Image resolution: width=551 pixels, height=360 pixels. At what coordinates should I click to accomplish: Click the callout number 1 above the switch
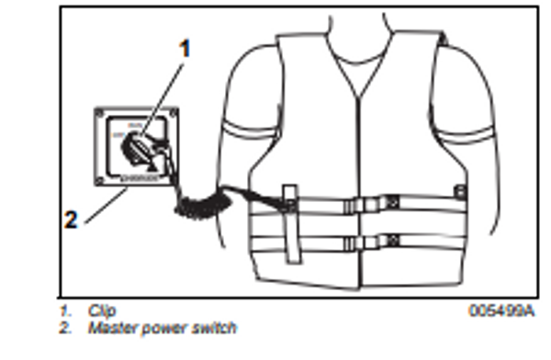(186, 50)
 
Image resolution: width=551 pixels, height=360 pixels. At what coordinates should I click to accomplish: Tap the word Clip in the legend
(102, 311)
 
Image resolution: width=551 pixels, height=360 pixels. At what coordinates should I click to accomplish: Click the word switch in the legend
(211, 327)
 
